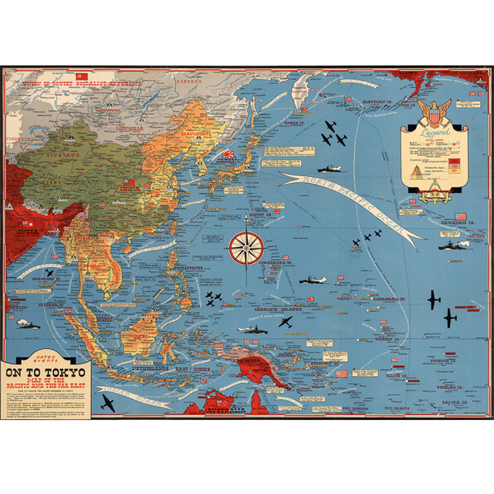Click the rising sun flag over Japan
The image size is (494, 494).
pyautogui.click(x=229, y=155)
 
